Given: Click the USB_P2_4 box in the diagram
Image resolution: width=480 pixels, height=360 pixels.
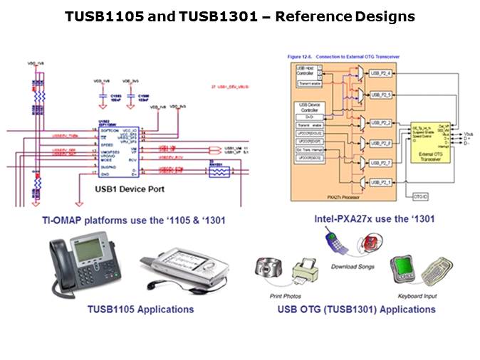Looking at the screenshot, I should click(382, 73).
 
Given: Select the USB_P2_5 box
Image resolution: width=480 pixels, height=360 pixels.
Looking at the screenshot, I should click(382, 94).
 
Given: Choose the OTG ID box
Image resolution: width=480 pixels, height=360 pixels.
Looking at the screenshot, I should click(420, 194).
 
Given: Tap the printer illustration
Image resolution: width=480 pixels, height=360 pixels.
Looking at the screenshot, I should click(306, 275).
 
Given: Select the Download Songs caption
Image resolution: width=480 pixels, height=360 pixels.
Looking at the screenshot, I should click(355, 267).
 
